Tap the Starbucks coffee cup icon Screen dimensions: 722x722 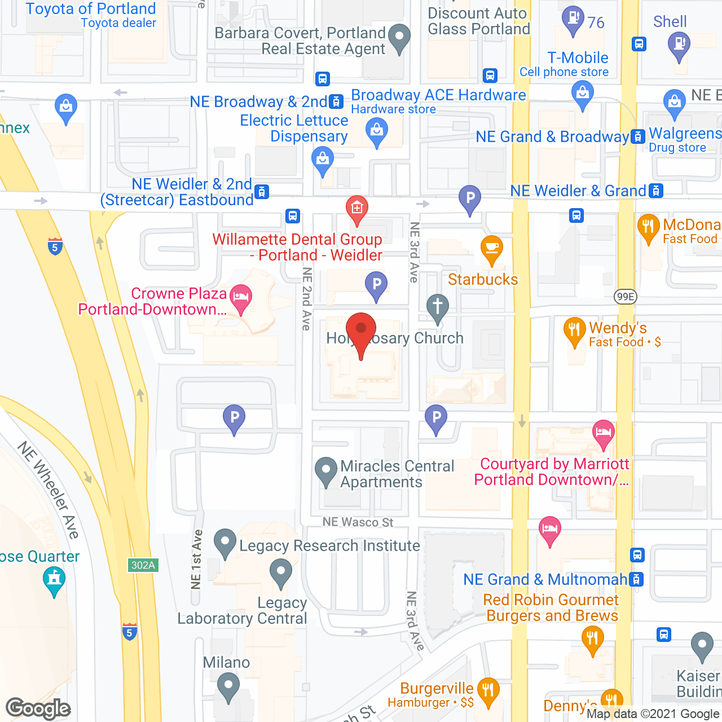(x=492, y=249)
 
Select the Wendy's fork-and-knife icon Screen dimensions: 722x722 (x=574, y=329)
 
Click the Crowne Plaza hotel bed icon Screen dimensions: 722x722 (x=241, y=297)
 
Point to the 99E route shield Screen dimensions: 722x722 (x=625, y=297)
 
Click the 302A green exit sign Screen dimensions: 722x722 (x=143, y=565)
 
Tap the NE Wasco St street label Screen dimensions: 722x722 (x=358, y=522)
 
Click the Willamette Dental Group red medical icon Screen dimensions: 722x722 (x=356, y=209)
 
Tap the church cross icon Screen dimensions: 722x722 (x=437, y=307)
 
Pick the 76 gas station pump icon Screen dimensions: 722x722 (x=573, y=19)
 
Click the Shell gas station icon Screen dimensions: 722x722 (x=679, y=44)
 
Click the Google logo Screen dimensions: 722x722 (x=38, y=708)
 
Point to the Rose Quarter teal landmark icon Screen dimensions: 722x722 (x=54, y=580)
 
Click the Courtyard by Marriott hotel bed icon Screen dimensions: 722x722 (x=603, y=433)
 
